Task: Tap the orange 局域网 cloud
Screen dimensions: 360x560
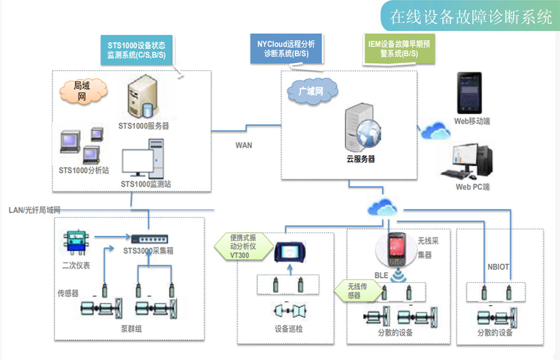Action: point(81,91)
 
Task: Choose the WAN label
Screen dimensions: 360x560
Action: point(243,145)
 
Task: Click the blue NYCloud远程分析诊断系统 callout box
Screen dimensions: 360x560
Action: point(286,48)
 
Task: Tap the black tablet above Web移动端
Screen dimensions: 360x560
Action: point(471,96)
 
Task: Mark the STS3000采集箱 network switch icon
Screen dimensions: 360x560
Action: point(149,238)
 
